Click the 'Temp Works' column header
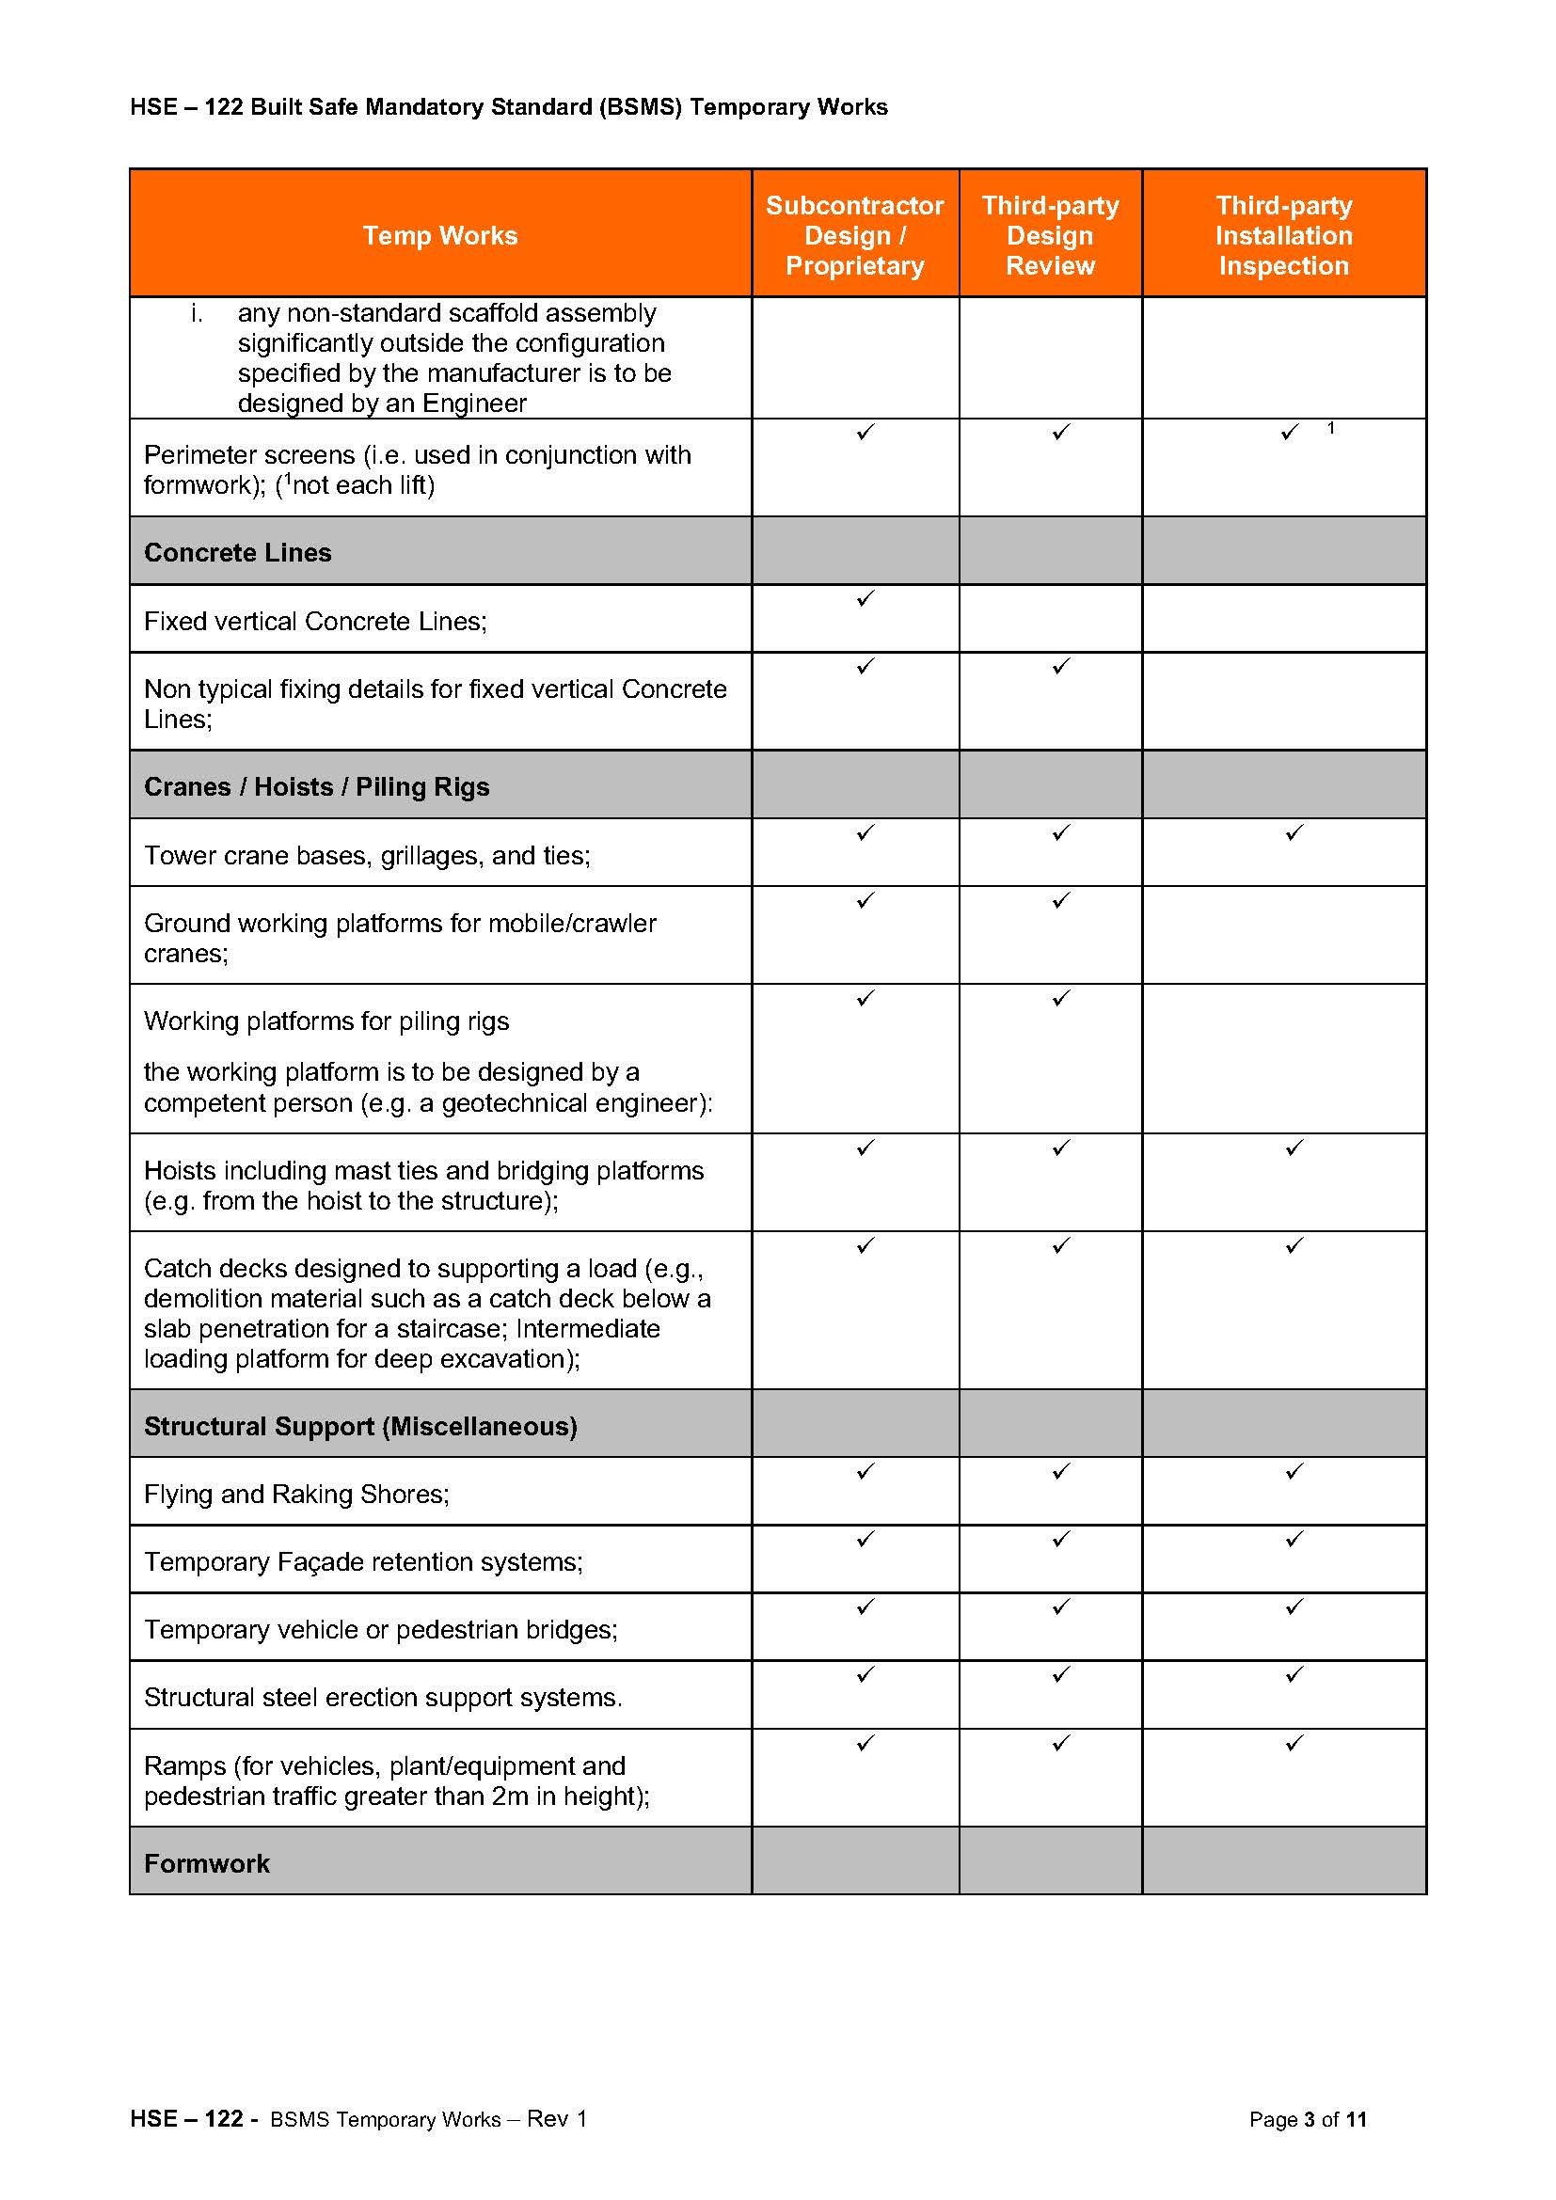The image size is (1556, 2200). click(439, 236)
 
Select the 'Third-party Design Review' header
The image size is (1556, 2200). click(1050, 236)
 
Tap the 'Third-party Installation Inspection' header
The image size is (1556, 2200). click(1283, 236)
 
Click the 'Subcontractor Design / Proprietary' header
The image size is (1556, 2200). click(854, 236)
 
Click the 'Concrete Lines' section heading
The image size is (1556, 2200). click(238, 553)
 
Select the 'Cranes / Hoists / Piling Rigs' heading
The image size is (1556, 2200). click(316, 786)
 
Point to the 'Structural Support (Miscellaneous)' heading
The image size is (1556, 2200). click(360, 1426)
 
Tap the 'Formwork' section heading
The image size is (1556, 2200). click(207, 1862)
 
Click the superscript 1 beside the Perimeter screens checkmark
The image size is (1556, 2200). click(1330, 428)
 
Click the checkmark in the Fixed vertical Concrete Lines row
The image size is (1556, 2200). click(865, 598)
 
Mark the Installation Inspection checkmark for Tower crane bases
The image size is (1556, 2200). click(1294, 832)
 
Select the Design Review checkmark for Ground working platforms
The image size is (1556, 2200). click(1059, 900)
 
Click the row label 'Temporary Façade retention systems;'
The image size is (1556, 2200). click(363, 1562)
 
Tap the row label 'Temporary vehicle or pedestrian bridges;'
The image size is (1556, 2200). click(380, 1629)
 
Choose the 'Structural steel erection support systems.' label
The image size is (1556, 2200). click(382, 1697)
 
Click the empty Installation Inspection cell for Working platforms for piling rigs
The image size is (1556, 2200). click(1283, 1058)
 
